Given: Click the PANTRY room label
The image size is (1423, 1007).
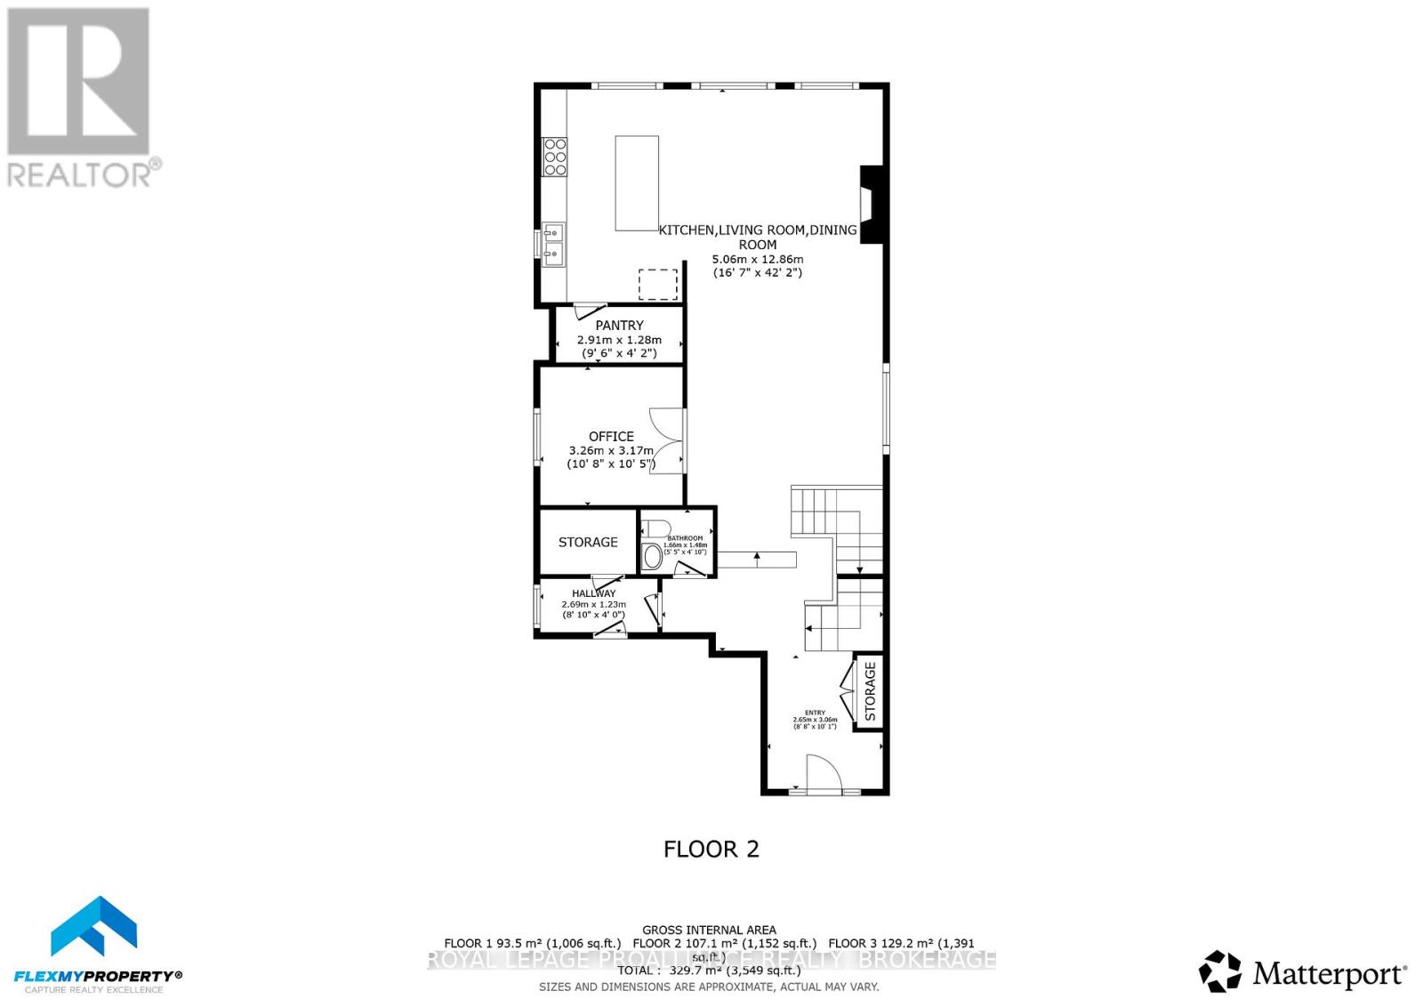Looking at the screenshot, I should [619, 326].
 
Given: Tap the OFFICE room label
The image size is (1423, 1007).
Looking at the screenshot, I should [611, 436].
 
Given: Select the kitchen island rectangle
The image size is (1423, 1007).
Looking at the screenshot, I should [637, 183].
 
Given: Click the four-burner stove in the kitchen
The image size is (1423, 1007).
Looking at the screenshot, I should [555, 156].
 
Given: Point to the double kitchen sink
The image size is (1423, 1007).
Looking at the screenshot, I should [553, 245].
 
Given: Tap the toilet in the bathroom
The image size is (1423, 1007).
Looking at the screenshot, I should [652, 557].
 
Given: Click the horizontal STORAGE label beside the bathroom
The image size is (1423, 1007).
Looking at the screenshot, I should [588, 542].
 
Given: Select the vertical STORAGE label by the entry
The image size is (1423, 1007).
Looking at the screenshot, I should [870, 691].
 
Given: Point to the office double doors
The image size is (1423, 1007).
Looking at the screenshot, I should [666, 441].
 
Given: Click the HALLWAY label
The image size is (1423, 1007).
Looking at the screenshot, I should [593, 593].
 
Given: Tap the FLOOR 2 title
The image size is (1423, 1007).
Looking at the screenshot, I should [711, 849].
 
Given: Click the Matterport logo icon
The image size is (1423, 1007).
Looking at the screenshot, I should [1220, 971].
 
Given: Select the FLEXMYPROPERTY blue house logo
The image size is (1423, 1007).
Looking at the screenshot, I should [93, 927].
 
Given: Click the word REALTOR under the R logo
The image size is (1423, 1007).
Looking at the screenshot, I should [80, 173].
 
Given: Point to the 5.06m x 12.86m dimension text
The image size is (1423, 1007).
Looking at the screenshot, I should [757, 259].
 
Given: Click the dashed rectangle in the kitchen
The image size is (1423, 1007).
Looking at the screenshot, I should [658, 285].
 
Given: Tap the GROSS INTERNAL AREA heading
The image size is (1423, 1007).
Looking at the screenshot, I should [709, 930].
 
